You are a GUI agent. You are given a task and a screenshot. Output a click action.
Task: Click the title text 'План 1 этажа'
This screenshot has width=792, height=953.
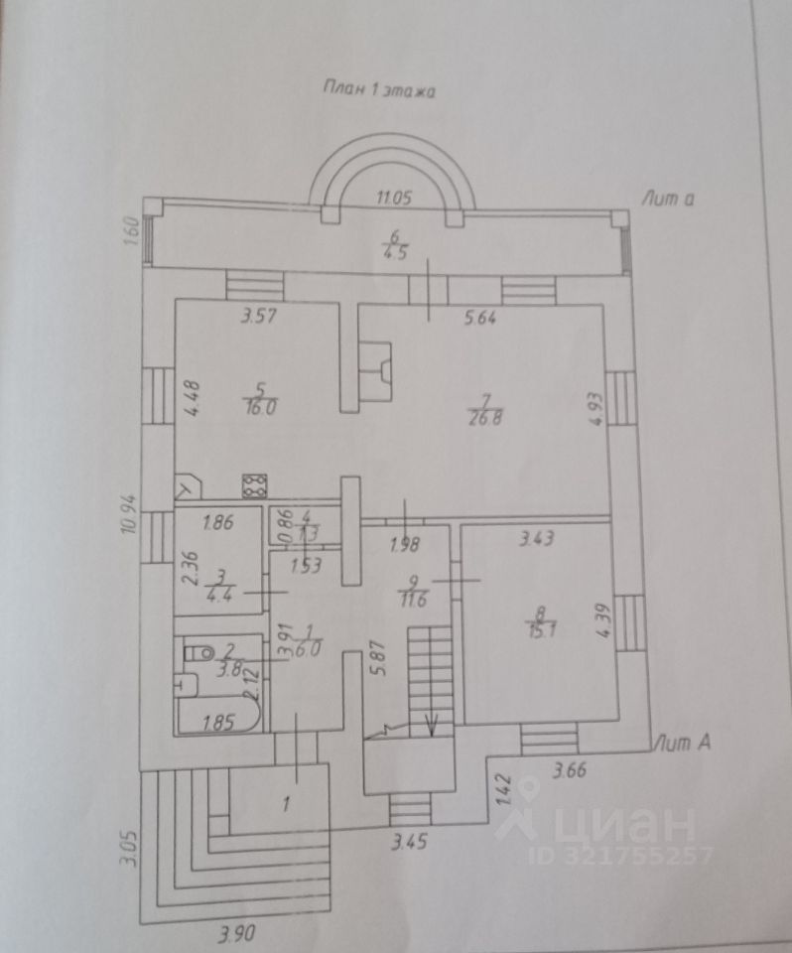tap(380, 88)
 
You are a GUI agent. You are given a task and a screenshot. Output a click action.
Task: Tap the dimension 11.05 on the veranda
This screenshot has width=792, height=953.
tap(393, 198)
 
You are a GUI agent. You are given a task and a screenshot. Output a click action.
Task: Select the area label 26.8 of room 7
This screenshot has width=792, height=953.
tap(483, 416)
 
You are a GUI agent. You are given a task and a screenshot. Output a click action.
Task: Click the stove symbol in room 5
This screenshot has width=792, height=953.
tap(253, 484)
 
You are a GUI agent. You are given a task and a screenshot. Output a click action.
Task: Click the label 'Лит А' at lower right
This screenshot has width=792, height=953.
tap(678, 742)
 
